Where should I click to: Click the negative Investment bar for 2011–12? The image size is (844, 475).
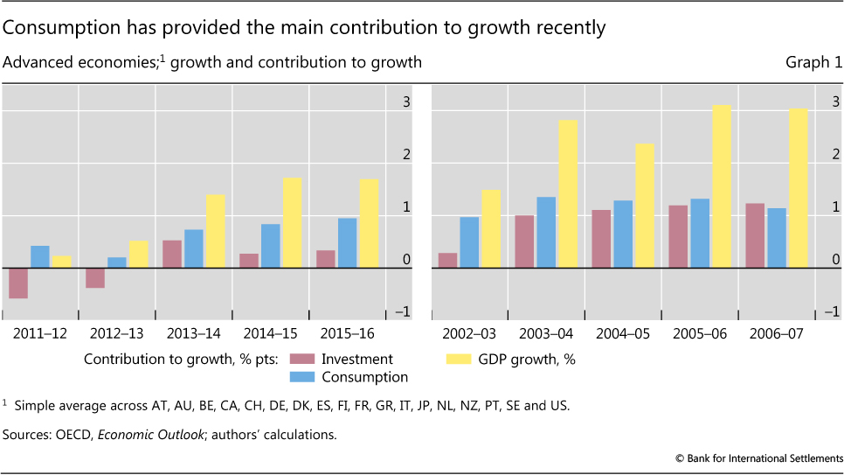tap(18, 283)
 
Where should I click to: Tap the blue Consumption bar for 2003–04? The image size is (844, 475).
tap(546, 233)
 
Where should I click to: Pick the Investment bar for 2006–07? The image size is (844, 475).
tap(755, 235)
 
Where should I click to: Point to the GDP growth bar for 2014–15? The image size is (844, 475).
tap(292, 223)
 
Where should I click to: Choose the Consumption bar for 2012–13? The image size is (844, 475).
tap(117, 262)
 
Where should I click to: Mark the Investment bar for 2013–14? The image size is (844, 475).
tap(172, 254)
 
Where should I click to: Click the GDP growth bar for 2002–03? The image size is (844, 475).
tap(491, 229)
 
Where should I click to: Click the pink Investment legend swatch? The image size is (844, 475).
tap(301, 359)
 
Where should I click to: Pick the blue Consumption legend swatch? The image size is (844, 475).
tap(301, 377)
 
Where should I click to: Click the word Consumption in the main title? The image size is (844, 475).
tap(53, 28)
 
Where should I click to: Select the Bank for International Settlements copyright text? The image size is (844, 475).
tap(758, 458)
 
